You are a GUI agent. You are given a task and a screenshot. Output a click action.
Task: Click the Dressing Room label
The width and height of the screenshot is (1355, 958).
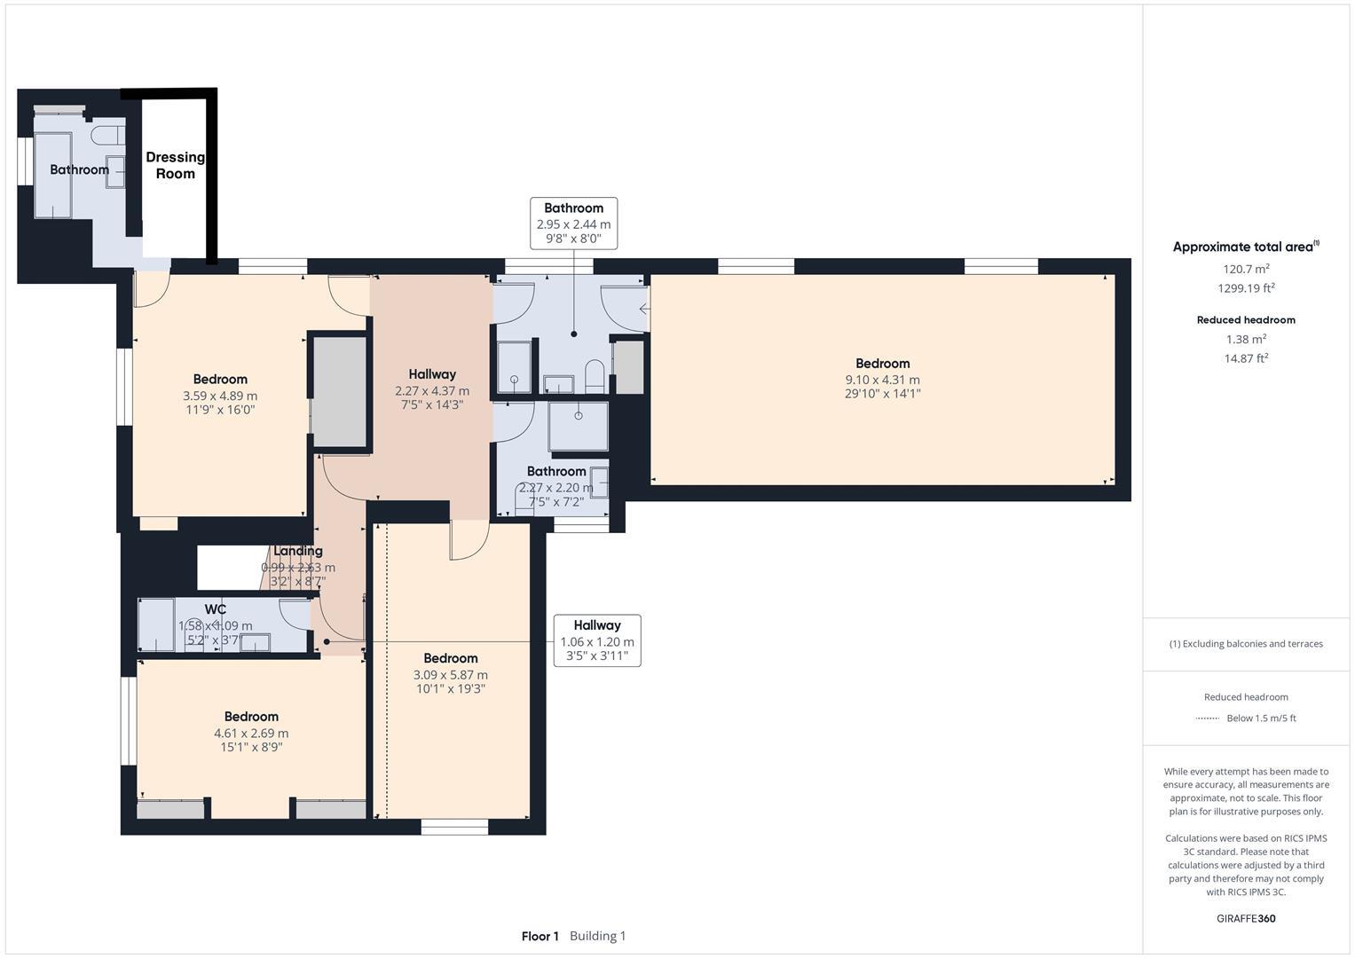(x=175, y=165)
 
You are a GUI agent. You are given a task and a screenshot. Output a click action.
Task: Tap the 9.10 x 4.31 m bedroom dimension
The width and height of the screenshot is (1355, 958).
(x=882, y=380)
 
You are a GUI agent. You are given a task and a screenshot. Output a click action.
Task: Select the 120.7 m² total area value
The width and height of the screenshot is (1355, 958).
(x=1246, y=269)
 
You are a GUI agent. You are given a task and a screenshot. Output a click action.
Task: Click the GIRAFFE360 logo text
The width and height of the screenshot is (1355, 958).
(x=1246, y=918)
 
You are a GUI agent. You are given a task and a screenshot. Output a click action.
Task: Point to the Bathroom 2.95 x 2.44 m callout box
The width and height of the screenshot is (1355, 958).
(x=573, y=224)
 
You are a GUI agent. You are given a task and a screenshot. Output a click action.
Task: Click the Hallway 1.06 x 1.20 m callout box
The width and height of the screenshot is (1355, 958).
(x=596, y=640)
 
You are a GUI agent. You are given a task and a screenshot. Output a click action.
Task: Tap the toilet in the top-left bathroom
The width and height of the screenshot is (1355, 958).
(x=106, y=136)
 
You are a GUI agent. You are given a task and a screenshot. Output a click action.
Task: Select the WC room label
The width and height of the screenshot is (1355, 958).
(x=216, y=609)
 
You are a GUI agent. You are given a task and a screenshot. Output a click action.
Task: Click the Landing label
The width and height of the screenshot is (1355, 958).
(x=297, y=551)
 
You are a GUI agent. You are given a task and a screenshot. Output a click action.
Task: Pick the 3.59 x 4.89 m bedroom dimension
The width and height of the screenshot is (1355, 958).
(x=220, y=396)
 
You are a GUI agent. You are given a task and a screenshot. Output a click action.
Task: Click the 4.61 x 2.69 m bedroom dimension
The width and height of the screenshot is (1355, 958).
(x=251, y=733)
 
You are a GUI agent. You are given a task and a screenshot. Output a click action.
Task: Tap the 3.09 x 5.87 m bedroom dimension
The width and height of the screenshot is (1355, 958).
(x=451, y=674)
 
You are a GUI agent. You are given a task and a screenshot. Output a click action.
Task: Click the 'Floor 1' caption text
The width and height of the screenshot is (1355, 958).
(x=540, y=936)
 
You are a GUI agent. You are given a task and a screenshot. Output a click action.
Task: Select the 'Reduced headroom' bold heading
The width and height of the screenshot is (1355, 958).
(x=1246, y=320)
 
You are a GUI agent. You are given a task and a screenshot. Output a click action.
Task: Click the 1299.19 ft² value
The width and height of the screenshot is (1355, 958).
(x=1246, y=288)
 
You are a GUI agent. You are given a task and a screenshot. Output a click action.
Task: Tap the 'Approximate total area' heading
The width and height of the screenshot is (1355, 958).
(x=1242, y=247)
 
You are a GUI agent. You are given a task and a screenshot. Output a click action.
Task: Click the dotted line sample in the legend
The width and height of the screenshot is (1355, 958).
(x=1207, y=718)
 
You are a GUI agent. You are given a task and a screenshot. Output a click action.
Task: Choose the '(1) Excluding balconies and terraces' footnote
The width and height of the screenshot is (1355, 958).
(x=1246, y=644)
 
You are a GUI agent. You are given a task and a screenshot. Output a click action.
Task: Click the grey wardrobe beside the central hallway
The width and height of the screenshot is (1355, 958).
(x=339, y=391)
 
